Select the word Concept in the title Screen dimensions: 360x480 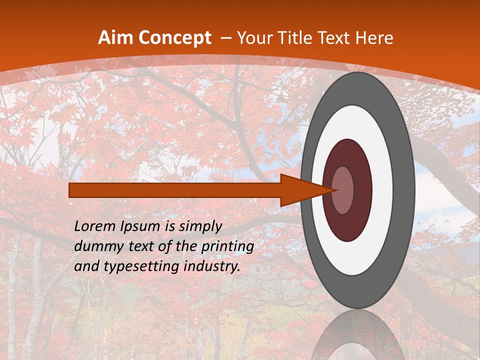[x=174, y=38]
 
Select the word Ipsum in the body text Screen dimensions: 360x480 [x=139, y=226]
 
